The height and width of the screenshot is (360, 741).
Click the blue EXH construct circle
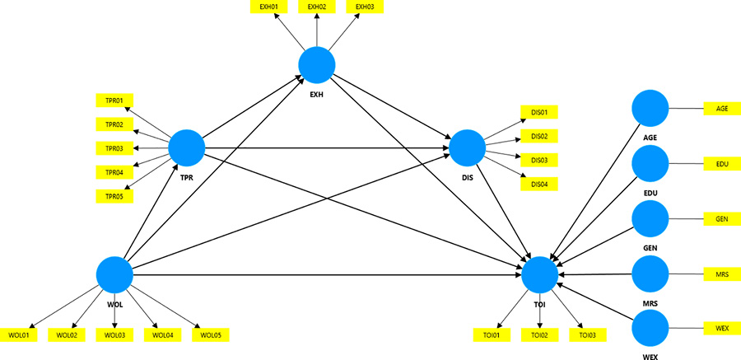click(316, 63)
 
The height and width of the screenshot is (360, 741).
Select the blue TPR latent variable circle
click(186, 148)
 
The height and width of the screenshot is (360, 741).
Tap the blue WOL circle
click(114, 274)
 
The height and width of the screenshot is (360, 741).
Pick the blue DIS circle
click(467, 148)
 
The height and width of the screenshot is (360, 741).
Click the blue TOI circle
click(539, 274)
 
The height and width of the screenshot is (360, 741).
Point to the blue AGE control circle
click(650, 109)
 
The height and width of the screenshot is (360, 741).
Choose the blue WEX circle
click(650, 329)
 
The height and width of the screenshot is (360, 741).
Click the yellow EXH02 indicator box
click(316, 7)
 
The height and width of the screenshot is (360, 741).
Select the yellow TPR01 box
click(114, 101)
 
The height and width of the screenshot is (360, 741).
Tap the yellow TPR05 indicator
click(114, 196)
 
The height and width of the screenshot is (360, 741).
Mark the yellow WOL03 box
click(114, 335)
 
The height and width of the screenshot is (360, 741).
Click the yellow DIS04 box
click(539, 183)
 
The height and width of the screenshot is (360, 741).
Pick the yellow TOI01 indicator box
click(492, 335)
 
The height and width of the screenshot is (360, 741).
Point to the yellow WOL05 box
click(210, 335)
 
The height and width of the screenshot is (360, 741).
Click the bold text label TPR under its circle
click(186, 176)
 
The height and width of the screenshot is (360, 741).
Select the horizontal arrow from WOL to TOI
click(329, 274)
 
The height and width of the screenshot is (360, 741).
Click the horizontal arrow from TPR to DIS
click(329, 149)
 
